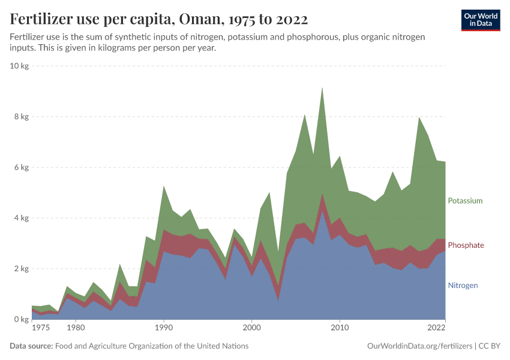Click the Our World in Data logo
480,20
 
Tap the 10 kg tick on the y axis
20,66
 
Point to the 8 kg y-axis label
20,117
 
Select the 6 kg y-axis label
20,167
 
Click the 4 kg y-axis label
20,218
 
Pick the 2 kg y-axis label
20,269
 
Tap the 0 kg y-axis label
20,320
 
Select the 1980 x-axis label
76,328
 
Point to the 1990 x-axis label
164,328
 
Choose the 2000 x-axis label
252,328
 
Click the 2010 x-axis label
340,328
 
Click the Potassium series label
465,200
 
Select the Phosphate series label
466,245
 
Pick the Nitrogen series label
463,285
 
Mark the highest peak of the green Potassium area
322,88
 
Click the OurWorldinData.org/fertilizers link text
419,346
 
